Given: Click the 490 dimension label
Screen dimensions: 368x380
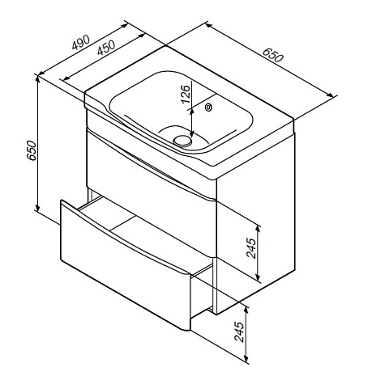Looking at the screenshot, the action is click(80, 42).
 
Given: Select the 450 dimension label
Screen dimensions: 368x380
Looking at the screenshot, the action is click(106, 48).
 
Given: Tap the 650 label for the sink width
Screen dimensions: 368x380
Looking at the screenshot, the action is click(273, 55).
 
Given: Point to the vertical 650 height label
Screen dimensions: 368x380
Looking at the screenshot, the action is click(32, 150).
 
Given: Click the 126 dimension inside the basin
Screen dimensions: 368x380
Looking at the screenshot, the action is click(186, 95).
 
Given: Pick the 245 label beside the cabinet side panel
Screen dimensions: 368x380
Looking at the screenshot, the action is click(251, 248).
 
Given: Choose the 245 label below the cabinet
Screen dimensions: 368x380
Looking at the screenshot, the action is click(239, 331).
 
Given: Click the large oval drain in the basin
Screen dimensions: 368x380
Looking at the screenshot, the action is click(182, 141).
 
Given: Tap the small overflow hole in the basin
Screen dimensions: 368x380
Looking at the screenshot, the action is click(209, 108).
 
